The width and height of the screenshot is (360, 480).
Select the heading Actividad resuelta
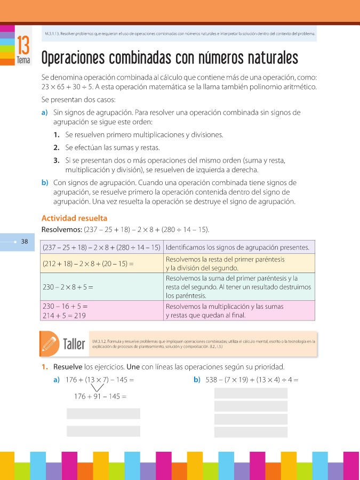click(74, 218)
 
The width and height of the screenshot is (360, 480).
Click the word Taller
click(74, 344)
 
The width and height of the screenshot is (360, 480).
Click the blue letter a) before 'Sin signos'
click(44, 113)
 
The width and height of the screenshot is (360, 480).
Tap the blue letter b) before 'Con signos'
click(45, 182)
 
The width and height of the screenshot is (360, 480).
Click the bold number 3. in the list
click(56, 160)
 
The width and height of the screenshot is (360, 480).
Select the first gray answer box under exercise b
click(251, 394)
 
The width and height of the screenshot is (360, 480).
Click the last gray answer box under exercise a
click(103, 431)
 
